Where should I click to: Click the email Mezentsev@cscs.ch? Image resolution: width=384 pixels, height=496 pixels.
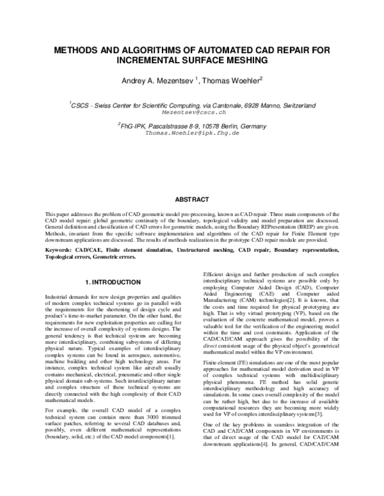tap(191, 111)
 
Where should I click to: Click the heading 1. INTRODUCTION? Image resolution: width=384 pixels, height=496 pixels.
tap(113, 282)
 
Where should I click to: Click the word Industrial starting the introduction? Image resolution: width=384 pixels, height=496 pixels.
tap(58, 298)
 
